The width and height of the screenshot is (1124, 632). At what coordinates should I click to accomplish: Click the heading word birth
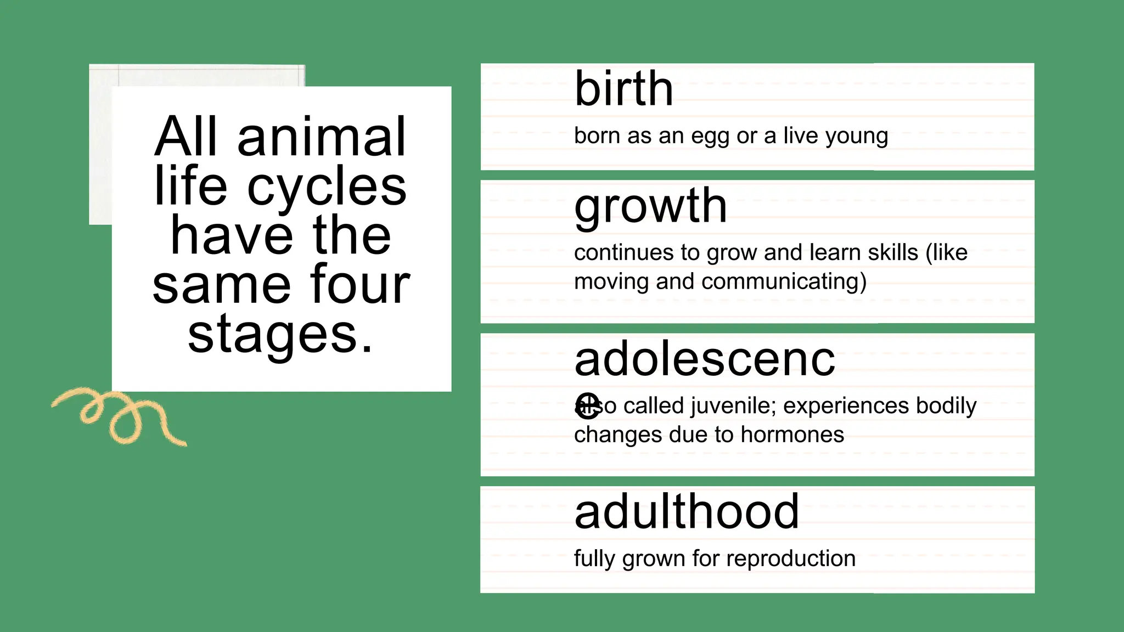[x=623, y=89]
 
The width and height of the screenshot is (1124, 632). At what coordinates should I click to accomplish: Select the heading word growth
[x=650, y=206]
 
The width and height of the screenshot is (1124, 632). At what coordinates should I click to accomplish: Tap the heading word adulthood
[x=686, y=511]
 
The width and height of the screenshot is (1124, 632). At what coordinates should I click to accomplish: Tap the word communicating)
[x=784, y=282]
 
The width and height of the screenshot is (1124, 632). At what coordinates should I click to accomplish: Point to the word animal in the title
[x=322, y=137]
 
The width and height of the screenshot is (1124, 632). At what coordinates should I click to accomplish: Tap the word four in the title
[x=360, y=284]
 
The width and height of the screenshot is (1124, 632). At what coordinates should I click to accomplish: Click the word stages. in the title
[x=280, y=335]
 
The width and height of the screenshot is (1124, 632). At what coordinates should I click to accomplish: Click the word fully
[x=595, y=559]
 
